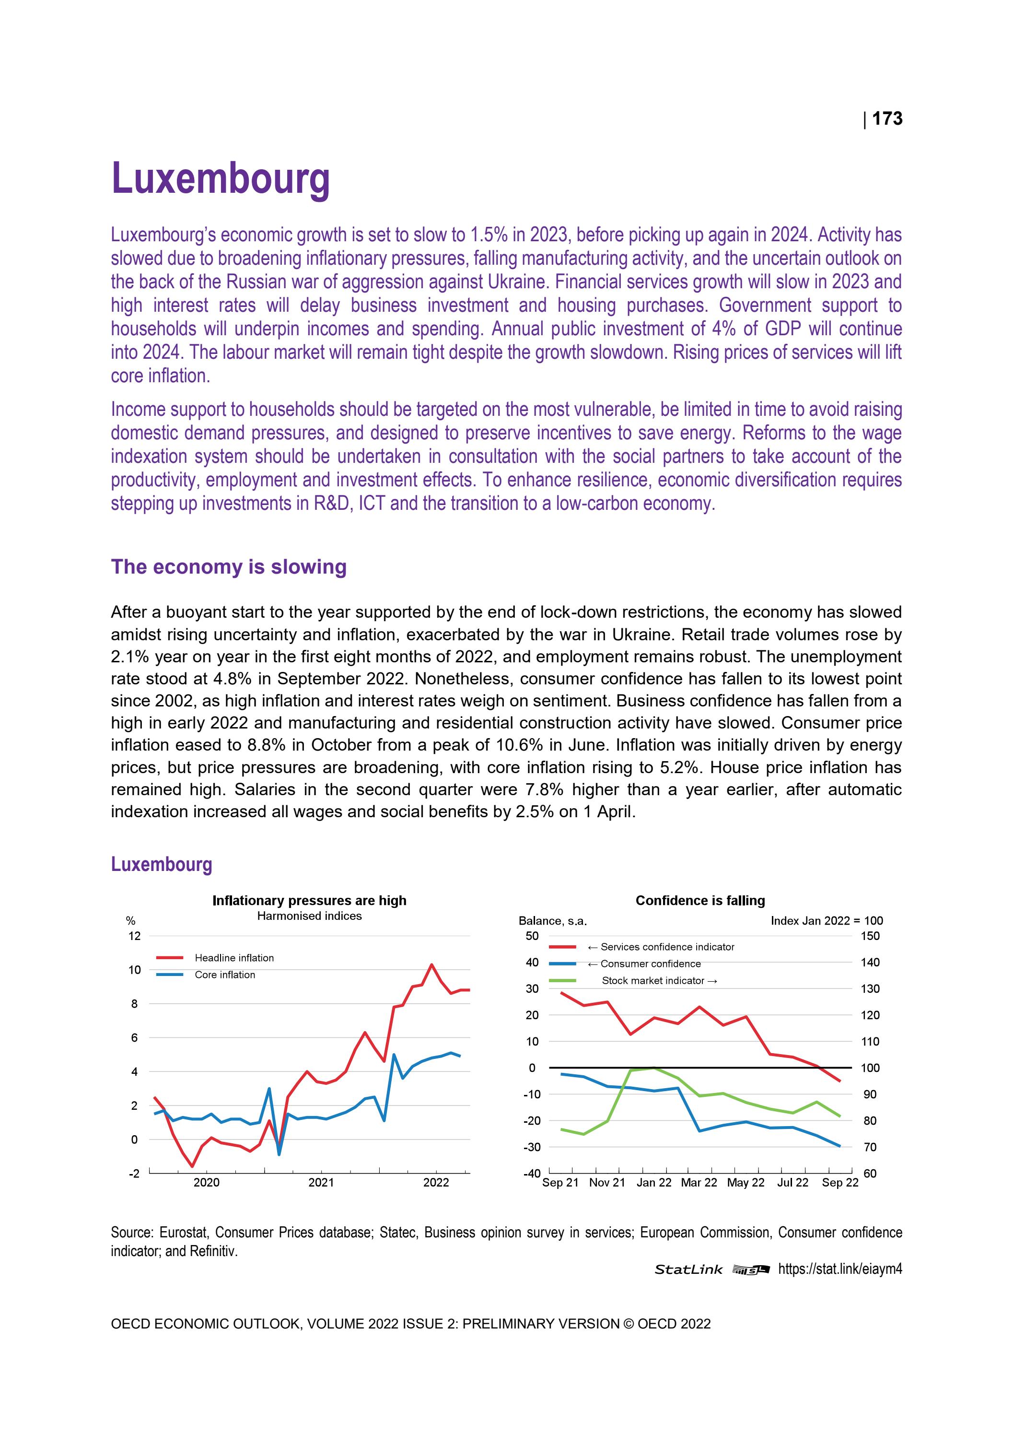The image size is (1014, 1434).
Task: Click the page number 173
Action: (886, 118)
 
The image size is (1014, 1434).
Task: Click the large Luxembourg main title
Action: (221, 178)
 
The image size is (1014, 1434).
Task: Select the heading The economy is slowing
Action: (229, 566)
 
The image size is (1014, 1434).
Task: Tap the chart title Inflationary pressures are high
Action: (309, 900)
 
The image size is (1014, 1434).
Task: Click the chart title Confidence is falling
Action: (699, 900)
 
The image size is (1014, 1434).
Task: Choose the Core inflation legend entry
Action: (225, 975)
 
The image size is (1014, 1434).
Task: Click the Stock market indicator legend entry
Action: (658, 981)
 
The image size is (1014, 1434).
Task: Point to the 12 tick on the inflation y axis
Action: (134, 936)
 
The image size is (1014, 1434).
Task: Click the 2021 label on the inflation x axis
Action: (321, 1182)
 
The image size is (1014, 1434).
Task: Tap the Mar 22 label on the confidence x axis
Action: (699, 1182)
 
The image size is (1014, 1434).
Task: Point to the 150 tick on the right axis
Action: (870, 936)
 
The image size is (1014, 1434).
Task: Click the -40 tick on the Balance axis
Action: (532, 1174)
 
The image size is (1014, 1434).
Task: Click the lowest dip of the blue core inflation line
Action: (279, 1154)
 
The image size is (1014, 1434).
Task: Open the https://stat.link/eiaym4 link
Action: (840, 1269)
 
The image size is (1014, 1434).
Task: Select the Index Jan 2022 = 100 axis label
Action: (826, 921)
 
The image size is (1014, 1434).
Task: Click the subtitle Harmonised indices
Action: (309, 916)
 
